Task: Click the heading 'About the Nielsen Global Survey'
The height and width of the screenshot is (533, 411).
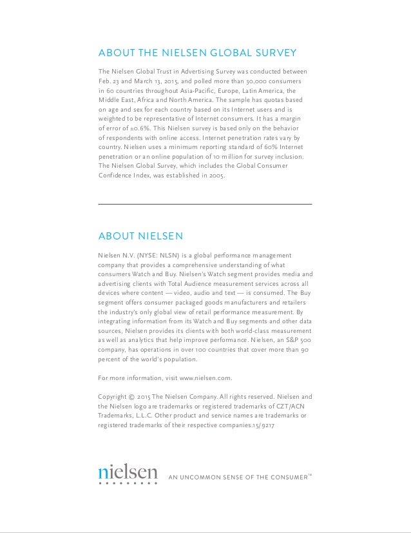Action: [x=196, y=52]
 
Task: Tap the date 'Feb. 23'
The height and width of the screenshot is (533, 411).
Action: [x=110, y=81]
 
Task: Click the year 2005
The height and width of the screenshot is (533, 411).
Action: [x=215, y=174]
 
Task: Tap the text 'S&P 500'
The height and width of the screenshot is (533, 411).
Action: [x=294, y=339]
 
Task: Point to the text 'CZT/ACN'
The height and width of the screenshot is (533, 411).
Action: [x=289, y=407]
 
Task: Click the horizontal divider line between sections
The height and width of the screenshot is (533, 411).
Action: [x=205, y=204]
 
